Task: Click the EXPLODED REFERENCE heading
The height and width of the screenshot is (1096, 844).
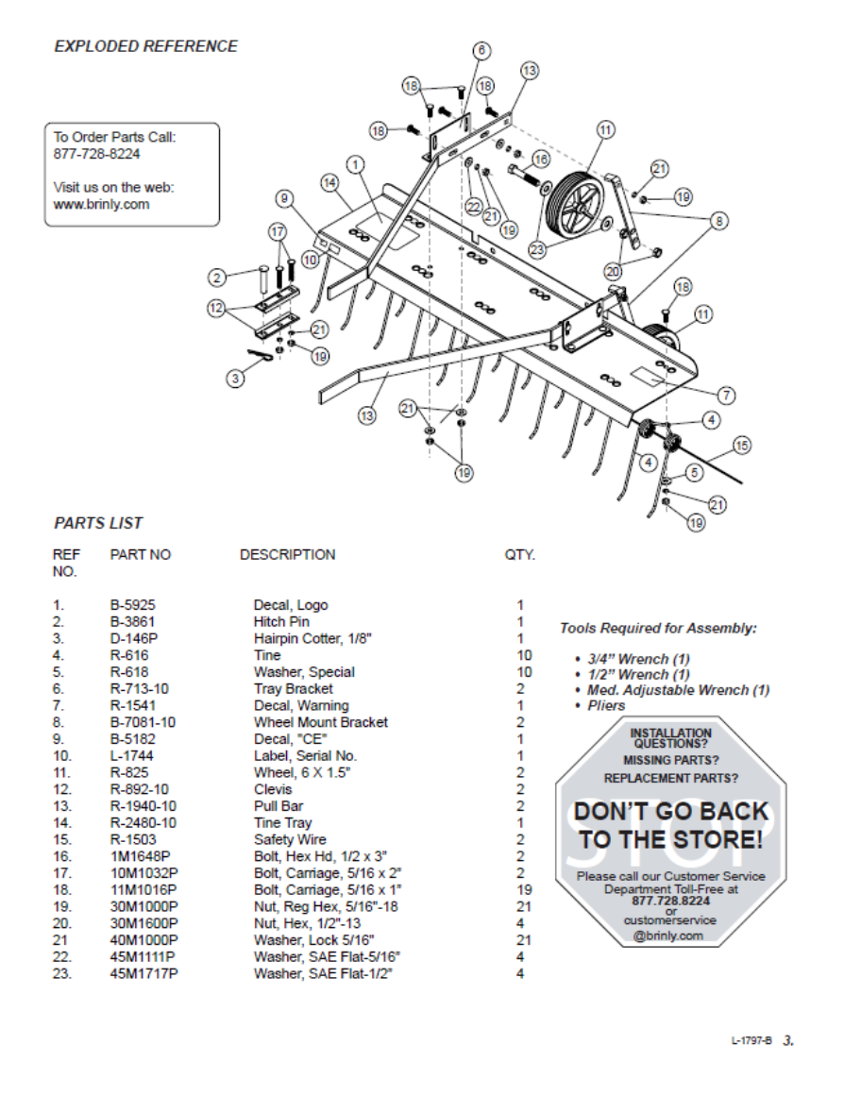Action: pyautogui.click(x=145, y=46)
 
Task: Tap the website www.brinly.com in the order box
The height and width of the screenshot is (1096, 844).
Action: pyautogui.click(x=101, y=204)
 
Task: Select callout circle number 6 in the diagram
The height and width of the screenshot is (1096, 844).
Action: pyautogui.click(x=481, y=49)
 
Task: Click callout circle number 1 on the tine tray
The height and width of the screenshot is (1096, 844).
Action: pyautogui.click(x=356, y=165)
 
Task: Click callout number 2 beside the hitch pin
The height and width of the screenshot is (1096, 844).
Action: pyautogui.click(x=217, y=277)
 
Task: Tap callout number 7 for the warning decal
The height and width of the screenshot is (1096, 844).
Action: pyautogui.click(x=726, y=394)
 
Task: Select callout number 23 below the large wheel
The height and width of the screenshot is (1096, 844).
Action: pyautogui.click(x=537, y=251)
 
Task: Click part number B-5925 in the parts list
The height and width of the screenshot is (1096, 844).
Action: pyautogui.click(x=132, y=605)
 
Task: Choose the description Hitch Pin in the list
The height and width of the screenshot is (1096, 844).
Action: pyautogui.click(x=281, y=622)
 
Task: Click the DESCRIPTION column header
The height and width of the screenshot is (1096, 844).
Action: pyautogui.click(x=287, y=555)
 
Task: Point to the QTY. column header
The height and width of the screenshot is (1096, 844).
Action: pyautogui.click(x=519, y=555)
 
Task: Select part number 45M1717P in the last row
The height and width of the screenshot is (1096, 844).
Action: pyautogui.click(x=143, y=973)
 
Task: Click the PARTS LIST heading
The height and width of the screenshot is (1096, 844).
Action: pyautogui.click(x=98, y=523)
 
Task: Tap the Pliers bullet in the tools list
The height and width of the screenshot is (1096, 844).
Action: pyautogui.click(x=605, y=705)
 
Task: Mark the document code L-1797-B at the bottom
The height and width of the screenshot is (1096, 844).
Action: pyautogui.click(x=751, y=1040)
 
